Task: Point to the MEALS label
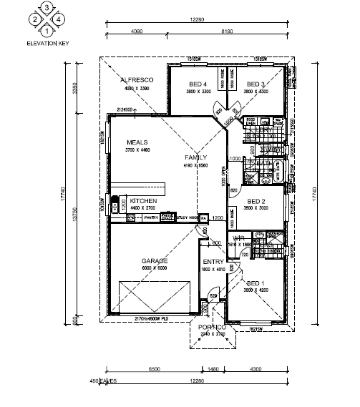(x=137, y=142)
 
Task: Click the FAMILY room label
(x=195, y=157)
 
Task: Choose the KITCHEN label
(x=143, y=201)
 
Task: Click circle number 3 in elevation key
(x=47, y=8)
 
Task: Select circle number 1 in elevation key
(x=47, y=30)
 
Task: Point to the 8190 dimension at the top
(x=225, y=31)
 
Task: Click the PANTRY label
(x=150, y=217)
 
